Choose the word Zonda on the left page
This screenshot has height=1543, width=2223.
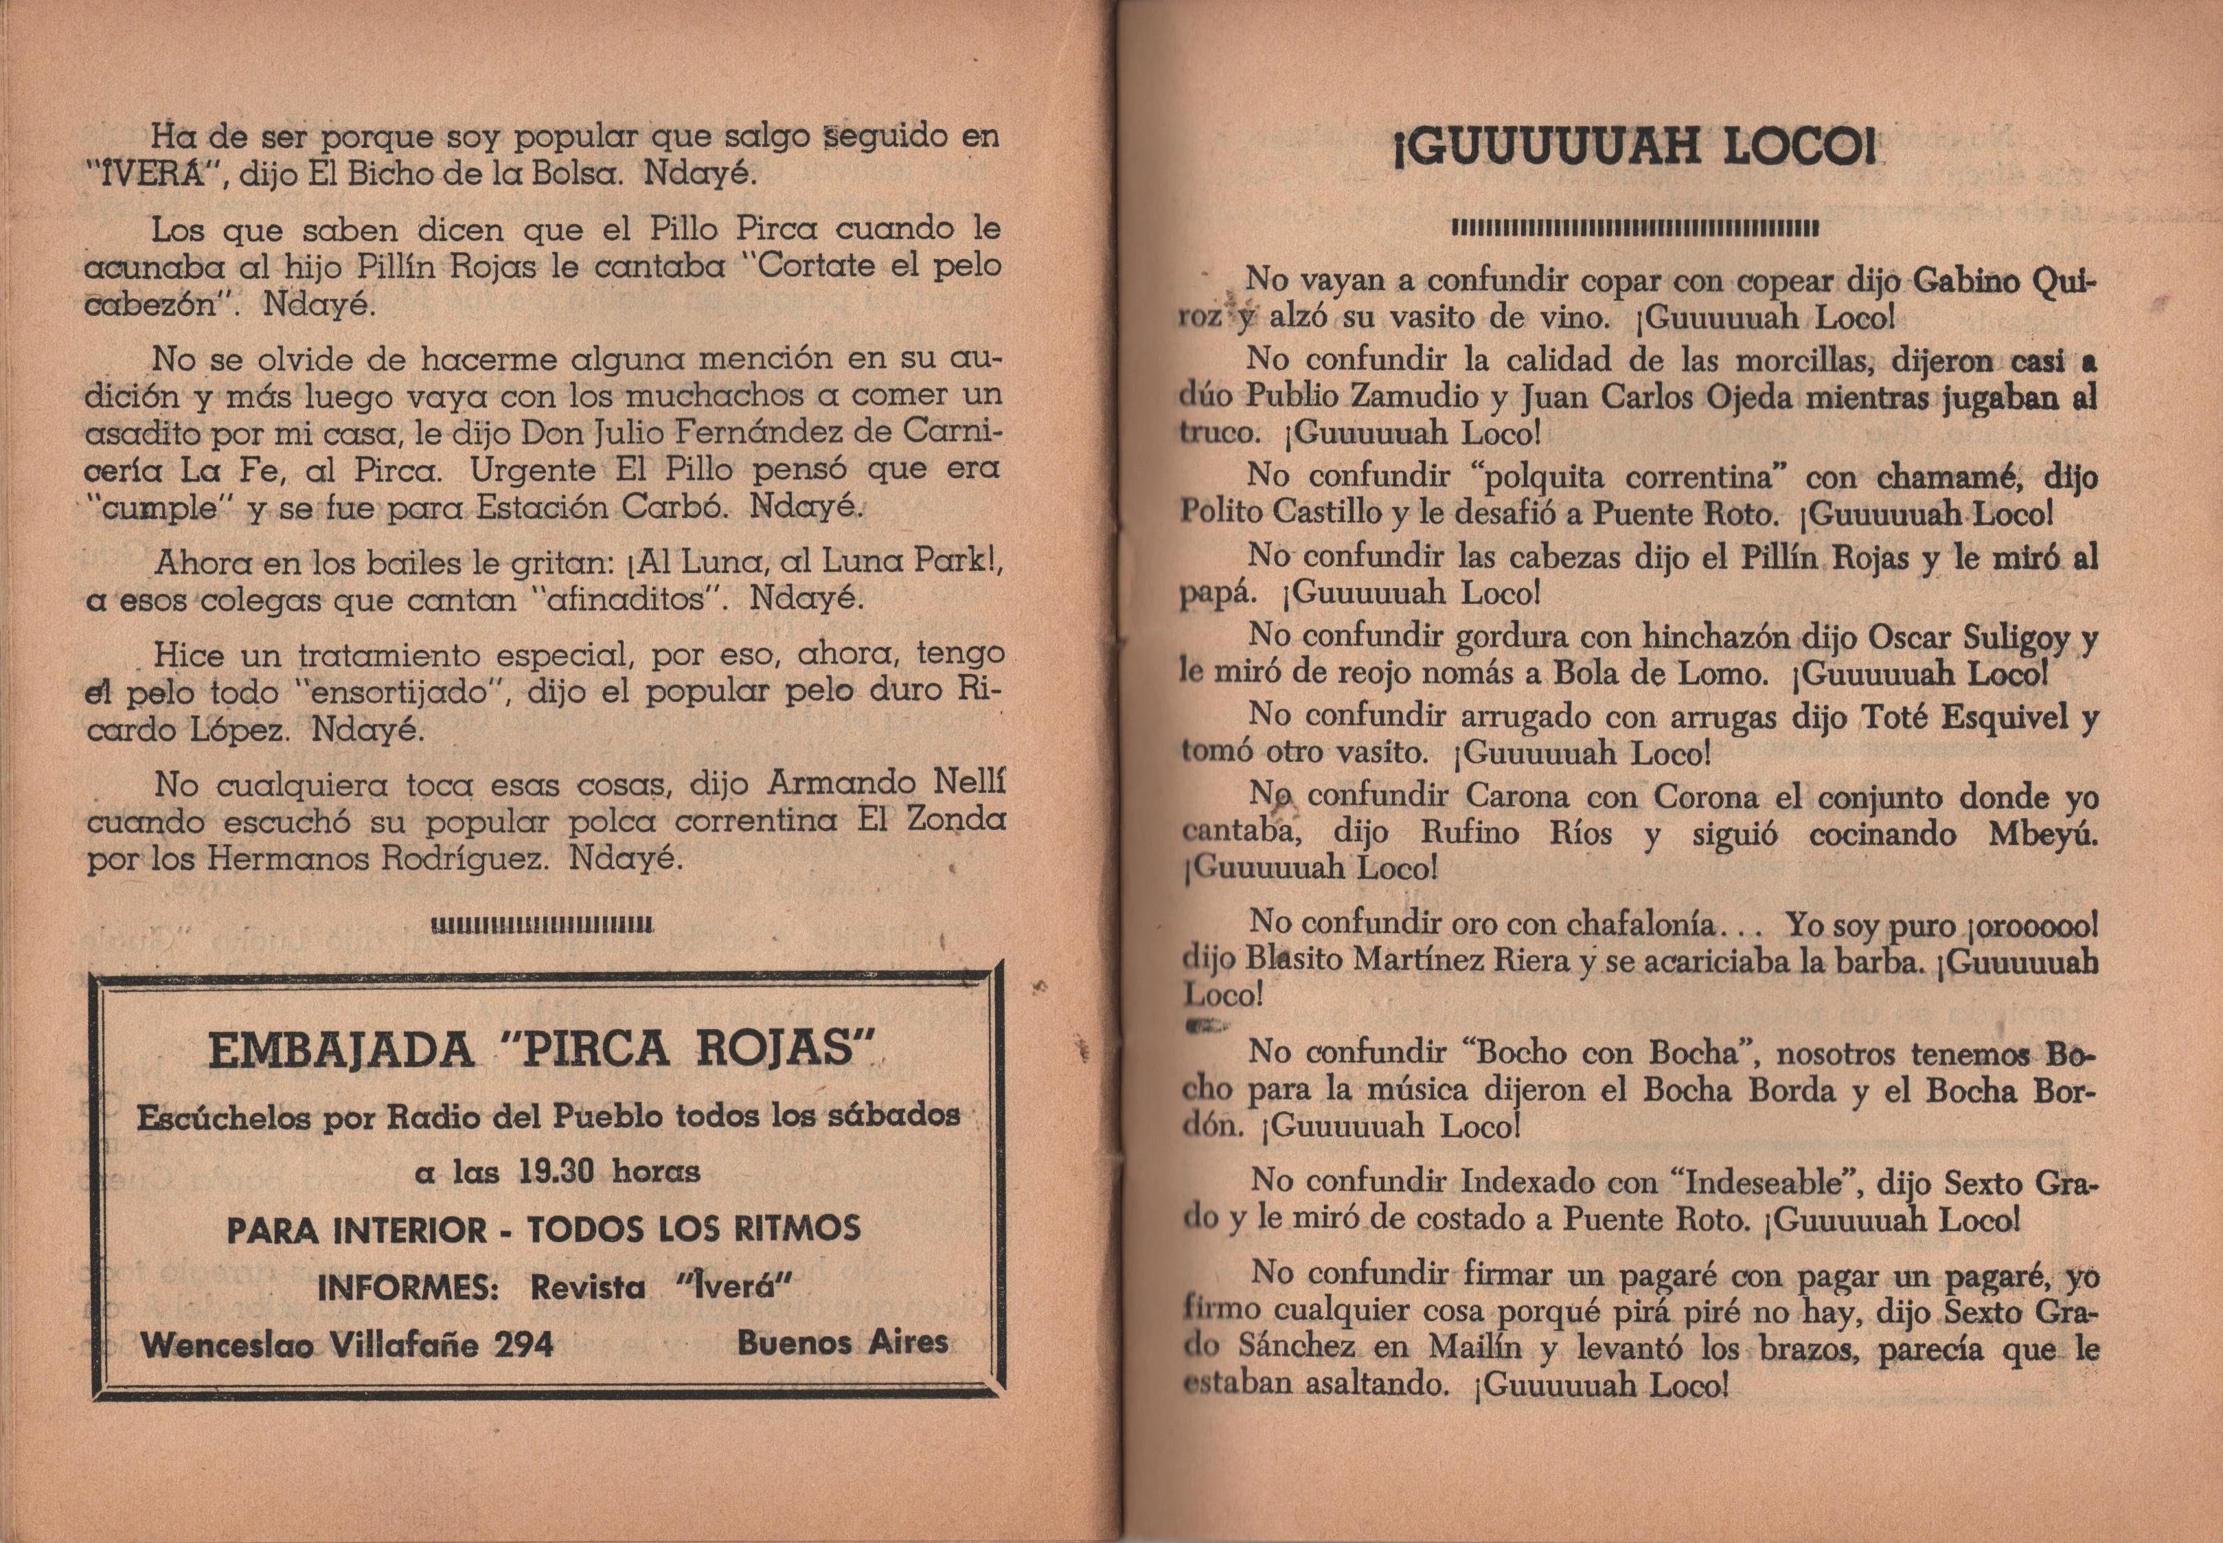click(957, 821)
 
